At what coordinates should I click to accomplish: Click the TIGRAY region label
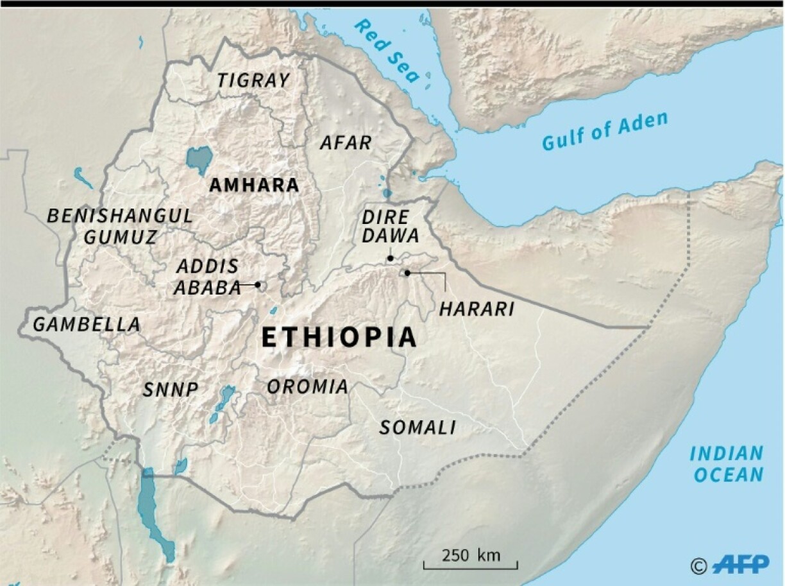click(253, 81)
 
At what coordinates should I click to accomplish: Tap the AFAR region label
click(346, 143)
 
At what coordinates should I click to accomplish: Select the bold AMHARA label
click(255, 185)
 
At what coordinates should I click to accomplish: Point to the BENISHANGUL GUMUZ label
click(120, 226)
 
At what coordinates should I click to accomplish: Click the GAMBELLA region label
click(86, 325)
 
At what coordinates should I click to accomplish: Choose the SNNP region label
click(170, 390)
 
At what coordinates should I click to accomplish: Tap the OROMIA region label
click(308, 387)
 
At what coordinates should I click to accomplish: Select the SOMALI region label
click(418, 427)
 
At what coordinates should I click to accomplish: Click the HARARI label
click(477, 309)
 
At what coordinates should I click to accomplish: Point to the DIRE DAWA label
click(390, 227)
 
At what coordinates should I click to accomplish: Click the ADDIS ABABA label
click(207, 277)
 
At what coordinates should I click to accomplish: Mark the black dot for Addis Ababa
click(258, 284)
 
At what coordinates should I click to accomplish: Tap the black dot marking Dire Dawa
click(390, 258)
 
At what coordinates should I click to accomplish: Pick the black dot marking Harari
click(407, 273)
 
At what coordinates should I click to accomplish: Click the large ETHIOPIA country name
click(339, 338)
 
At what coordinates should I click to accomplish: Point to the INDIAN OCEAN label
click(727, 464)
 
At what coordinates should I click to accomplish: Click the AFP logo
click(740, 564)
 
